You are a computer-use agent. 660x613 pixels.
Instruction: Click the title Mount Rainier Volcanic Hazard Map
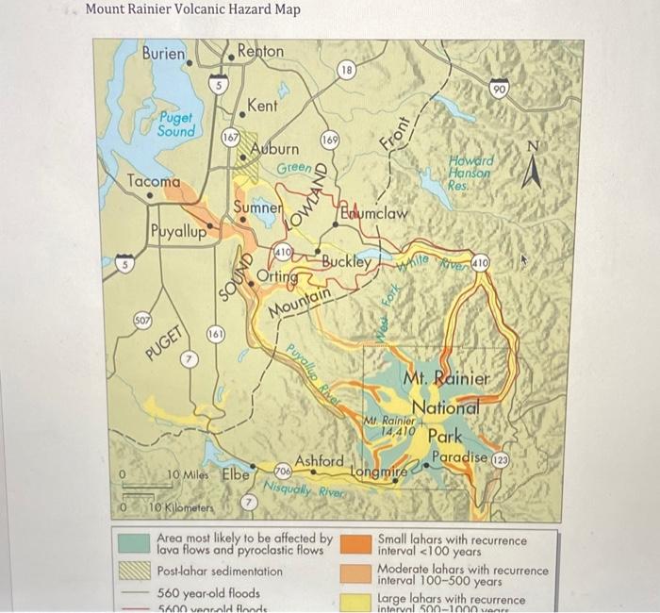coord(193,10)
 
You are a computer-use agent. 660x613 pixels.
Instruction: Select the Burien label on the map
coord(163,54)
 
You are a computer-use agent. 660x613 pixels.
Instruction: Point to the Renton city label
coord(260,50)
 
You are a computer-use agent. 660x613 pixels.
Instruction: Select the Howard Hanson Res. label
coord(471,174)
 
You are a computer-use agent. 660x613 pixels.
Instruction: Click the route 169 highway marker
coord(330,141)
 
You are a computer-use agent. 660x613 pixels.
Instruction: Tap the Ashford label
coord(319,460)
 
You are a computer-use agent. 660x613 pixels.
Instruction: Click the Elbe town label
coord(235,474)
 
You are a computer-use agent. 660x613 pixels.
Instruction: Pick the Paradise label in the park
coord(459,458)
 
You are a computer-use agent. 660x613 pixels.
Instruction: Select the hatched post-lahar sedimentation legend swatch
coord(132,571)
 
